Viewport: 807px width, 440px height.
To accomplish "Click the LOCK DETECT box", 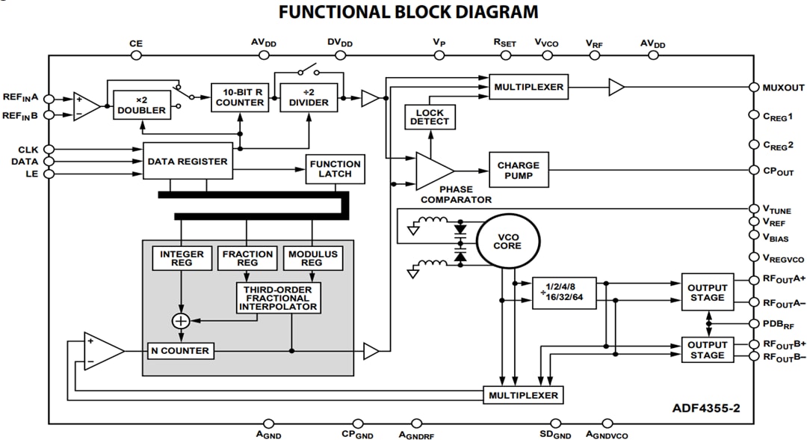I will pyautogui.click(x=430, y=117).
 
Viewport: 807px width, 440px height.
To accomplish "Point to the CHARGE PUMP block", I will pyautogui.click(x=518, y=170).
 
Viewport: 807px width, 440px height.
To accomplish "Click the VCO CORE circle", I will pyautogui.click(x=508, y=241).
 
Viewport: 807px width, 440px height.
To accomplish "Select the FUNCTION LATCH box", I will pyautogui.click(x=335, y=169).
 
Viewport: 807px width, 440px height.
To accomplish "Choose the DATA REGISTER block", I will pyautogui.click(x=188, y=161).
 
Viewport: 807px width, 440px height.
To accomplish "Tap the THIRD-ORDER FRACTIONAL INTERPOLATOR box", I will pyautogui.click(x=278, y=297).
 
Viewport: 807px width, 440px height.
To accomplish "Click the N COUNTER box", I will pyautogui.click(x=181, y=350).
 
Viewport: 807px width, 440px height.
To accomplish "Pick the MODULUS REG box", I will pyautogui.click(x=312, y=258).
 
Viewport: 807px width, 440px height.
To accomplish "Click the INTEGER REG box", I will pyautogui.click(x=181, y=258).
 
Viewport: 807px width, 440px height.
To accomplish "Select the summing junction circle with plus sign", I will pyautogui.click(x=181, y=320).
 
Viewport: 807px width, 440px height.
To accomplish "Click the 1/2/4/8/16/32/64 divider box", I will pyautogui.click(x=563, y=290).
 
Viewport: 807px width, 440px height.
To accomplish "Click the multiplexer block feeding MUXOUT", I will pyautogui.click(x=528, y=87).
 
